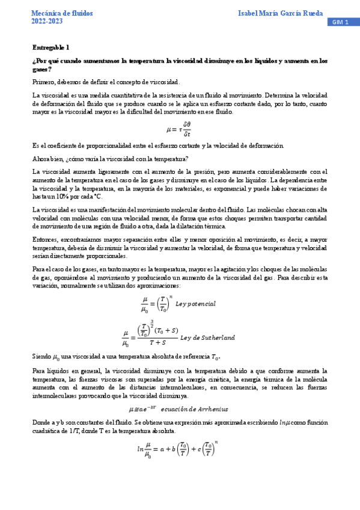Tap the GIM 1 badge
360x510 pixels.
click(343, 22)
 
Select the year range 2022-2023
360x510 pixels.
click(47, 22)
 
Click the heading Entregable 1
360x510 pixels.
click(50, 47)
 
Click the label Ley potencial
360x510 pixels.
click(196, 304)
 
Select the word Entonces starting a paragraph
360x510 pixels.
click(46, 239)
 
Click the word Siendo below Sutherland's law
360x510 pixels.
click(42, 357)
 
